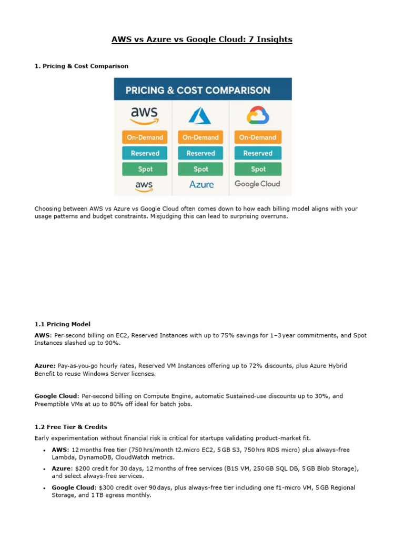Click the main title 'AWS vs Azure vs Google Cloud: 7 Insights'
(202, 39)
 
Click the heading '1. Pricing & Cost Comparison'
(82, 66)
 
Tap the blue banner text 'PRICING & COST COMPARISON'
(198, 90)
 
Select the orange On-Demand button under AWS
(145, 137)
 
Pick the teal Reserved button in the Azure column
(201, 153)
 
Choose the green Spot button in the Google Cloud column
(258, 169)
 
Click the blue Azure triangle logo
(200, 115)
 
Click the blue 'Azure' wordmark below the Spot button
(201, 184)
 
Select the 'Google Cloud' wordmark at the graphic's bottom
(257, 184)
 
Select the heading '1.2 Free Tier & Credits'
(71, 427)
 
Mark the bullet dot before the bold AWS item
(43, 451)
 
